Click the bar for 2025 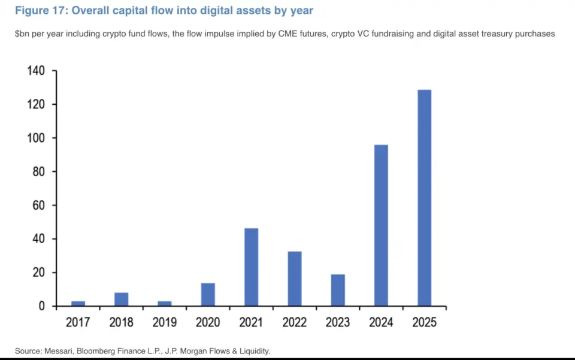click(424, 198)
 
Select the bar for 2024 click(381, 225)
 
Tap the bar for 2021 click(251, 267)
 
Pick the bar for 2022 click(294, 279)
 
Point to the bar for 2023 click(338, 290)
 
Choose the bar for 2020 click(208, 294)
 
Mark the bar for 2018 click(121, 299)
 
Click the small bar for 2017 click(78, 303)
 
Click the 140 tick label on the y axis click(36, 71)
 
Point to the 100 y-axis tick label click(36, 138)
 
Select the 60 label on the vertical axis click(39, 205)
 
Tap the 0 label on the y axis click(42, 306)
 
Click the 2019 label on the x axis click(165, 323)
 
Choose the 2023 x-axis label click(338, 323)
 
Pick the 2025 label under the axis click(424, 323)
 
